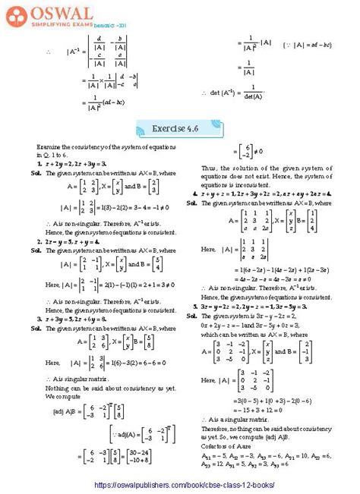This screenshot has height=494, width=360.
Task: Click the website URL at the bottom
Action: click(x=179, y=483)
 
